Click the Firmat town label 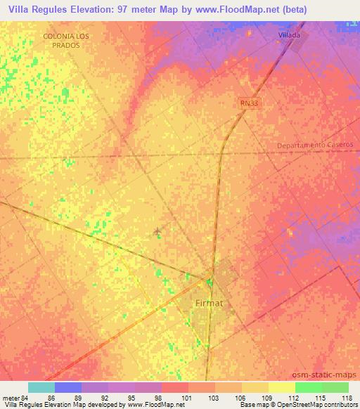tap(208, 303)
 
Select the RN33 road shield tap(248, 103)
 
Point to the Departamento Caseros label tap(314, 144)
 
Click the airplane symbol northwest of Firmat tap(157, 231)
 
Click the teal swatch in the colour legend tap(41, 387)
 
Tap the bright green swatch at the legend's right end tap(335, 387)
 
